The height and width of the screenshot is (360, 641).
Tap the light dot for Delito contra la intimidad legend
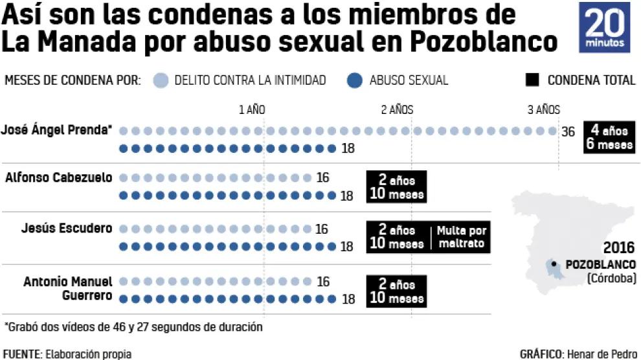point(162,80)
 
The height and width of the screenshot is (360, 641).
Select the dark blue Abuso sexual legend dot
point(354,80)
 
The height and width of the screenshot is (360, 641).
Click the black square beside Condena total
point(532,80)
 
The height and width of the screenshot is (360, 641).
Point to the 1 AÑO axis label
point(252,109)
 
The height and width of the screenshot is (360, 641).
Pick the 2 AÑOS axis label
point(396,109)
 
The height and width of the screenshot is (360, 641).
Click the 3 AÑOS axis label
point(543,109)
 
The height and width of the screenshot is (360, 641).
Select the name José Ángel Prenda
point(56,130)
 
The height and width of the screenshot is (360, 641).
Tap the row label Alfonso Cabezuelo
point(58,177)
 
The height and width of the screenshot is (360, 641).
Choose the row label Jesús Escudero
point(67,228)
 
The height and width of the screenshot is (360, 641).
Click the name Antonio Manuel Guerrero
point(68,289)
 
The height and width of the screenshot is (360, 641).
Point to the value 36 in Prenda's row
point(568,132)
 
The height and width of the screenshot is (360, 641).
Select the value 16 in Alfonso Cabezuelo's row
point(322,178)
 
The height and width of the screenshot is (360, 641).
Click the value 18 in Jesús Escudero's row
point(347,247)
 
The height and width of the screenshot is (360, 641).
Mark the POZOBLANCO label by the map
point(600,265)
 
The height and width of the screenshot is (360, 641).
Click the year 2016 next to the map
point(619,248)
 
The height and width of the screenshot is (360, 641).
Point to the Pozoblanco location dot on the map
point(554,263)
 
